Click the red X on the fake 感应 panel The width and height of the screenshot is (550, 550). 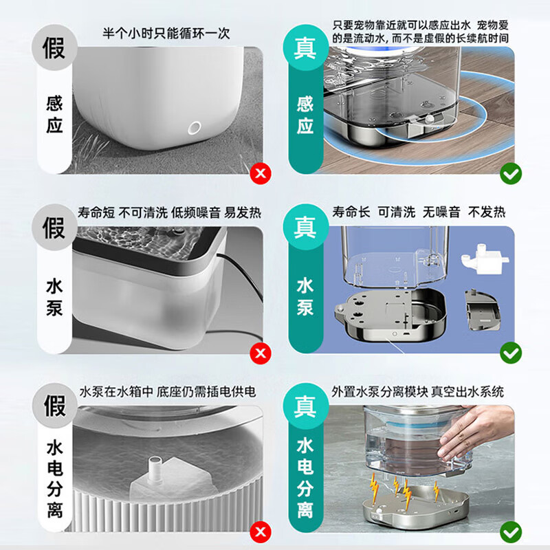(x=261, y=173)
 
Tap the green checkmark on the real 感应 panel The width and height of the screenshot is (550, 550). (x=511, y=173)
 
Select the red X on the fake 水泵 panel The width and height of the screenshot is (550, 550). (x=261, y=353)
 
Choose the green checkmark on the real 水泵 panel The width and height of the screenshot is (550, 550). (x=511, y=353)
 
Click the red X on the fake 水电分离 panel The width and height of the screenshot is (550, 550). (x=261, y=531)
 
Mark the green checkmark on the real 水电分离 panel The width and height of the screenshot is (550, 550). (x=511, y=531)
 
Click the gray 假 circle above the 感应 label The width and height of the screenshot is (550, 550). (x=54, y=47)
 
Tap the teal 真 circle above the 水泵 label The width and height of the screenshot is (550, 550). (x=305, y=227)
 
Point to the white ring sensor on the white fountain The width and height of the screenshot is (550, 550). (x=194, y=128)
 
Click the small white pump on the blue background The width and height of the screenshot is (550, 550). (x=484, y=259)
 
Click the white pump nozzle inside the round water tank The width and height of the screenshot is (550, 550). (x=154, y=466)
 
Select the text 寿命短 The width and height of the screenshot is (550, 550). (x=96, y=212)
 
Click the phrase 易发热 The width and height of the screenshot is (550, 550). (x=243, y=212)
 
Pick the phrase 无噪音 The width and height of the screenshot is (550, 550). (x=441, y=212)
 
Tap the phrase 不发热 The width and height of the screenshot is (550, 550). (x=487, y=212)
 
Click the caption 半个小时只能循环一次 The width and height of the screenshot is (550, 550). (x=166, y=33)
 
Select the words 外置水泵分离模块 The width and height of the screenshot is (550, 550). (x=379, y=392)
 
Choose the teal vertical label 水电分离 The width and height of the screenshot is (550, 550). (x=305, y=478)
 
